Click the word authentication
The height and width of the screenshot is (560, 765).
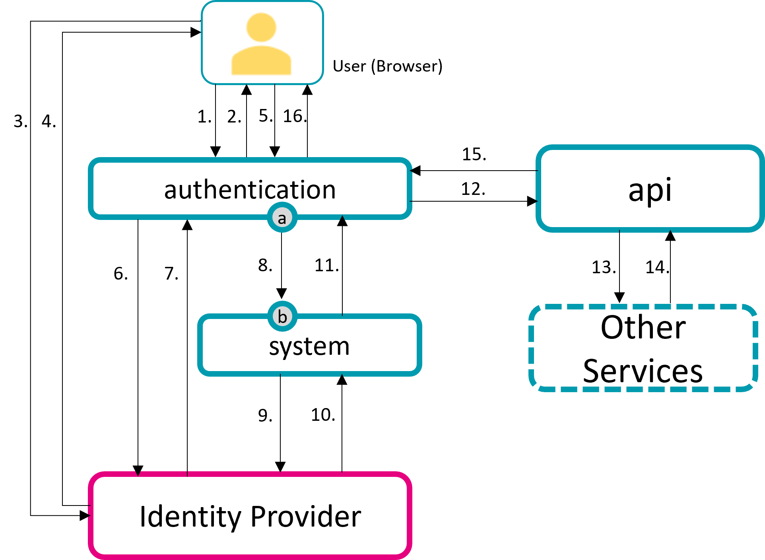click(x=250, y=190)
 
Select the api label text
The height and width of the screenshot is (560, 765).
click(x=650, y=190)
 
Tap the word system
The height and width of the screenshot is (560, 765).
click(x=309, y=346)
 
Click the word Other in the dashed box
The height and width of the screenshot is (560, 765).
click(x=643, y=327)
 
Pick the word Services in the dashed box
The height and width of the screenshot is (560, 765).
click(x=643, y=371)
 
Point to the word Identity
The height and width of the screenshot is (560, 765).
click(x=190, y=517)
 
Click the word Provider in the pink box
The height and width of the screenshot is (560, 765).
click(x=306, y=517)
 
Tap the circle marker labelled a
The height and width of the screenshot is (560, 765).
click(x=282, y=218)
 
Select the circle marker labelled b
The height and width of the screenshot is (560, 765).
click(x=282, y=317)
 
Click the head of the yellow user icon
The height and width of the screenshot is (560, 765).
click(x=261, y=27)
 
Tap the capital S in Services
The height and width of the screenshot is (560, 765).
click(x=592, y=371)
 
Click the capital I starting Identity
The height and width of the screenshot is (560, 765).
click(x=143, y=517)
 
